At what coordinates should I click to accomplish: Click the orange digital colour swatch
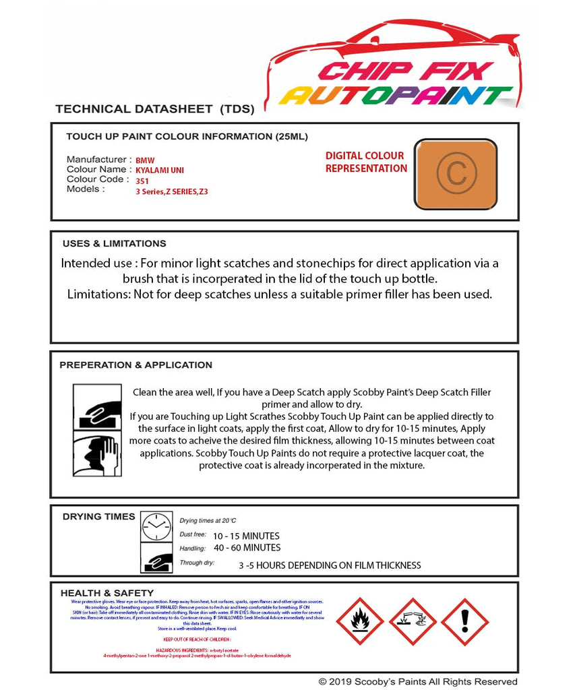(455, 174)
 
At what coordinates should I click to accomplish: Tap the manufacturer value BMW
(145, 160)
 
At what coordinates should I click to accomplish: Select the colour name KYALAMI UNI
(160, 170)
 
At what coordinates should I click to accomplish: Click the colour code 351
(142, 181)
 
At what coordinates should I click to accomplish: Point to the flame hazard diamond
(359, 621)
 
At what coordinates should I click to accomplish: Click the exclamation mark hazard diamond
(464, 621)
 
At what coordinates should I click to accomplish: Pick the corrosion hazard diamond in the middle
(412, 621)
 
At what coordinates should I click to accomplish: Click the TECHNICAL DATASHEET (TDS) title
(154, 108)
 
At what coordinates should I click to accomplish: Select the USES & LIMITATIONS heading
(114, 243)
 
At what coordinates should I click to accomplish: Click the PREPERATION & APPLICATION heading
(135, 365)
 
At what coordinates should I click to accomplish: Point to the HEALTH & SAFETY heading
(107, 593)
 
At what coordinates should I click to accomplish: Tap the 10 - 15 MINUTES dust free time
(246, 536)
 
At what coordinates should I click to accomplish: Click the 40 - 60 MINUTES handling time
(247, 548)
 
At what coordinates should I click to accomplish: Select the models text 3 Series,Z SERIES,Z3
(172, 191)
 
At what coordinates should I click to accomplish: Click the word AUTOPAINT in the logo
(396, 96)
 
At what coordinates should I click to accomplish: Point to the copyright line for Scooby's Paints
(418, 682)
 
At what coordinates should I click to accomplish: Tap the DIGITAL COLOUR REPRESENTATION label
(366, 162)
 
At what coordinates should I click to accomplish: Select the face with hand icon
(96, 454)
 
